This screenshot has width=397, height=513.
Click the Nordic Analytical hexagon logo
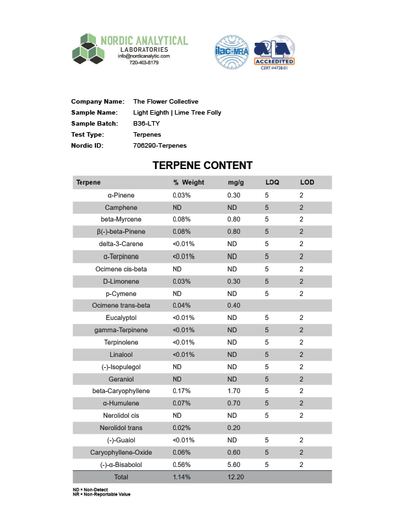click(x=88, y=49)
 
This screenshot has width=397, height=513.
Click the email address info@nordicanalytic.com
click(x=143, y=56)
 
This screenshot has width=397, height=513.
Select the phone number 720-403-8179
click(x=143, y=63)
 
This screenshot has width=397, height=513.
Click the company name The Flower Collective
click(x=165, y=102)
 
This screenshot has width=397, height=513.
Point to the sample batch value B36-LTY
click(x=146, y=124)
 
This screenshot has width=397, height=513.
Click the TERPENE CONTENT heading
click(x=202, y=166)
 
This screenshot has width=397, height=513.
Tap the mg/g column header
click(x=235, y=183)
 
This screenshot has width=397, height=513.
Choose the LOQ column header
click(x=272, y=183)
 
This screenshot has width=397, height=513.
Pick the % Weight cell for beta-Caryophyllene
click(x=182, y=391)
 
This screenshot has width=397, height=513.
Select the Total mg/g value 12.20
click(x=235, y=477)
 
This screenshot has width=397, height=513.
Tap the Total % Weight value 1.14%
click(x=182, y=477)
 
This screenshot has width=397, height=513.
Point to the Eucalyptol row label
click(x=121, y=318)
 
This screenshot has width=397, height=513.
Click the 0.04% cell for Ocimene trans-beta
click(x=182, y=306)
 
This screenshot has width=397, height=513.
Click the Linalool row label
click(x=121, y=355)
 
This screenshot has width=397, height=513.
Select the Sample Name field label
click(x=95, y=113)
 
